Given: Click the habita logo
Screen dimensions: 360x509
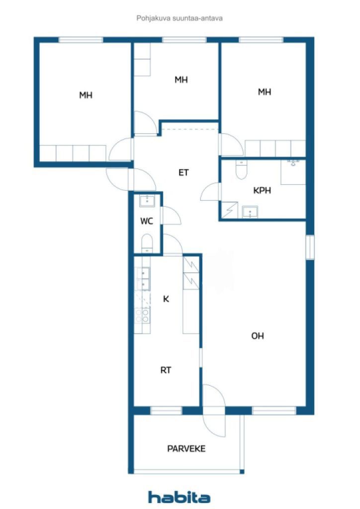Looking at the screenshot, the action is pyautogui.click(x=179, y=497).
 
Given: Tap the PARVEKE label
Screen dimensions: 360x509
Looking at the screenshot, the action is pyautogui.click(x=186, y=449).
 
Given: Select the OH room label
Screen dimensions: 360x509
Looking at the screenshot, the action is pyautogui.click(x=258, y=336).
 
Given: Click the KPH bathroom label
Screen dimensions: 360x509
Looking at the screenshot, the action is pyautogui.click(x=262, y=190).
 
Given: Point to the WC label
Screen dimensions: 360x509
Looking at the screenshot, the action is pyautogui.click(x=146, y=221).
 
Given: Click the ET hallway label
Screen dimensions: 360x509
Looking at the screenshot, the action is pyautogui.click(x=183, y=172).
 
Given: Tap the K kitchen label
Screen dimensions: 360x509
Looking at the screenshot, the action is pyautogui.click(x=166, y=299).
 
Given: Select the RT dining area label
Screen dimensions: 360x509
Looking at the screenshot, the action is pyautogui.click(x=166, y=370).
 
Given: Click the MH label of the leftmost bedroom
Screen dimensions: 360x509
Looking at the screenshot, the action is pyautogui.click(x=86, y=95).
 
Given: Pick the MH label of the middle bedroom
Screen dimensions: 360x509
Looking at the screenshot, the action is pyautogui.click(x=181, y=80).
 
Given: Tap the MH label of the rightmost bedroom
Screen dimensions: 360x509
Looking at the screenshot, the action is pyautogui.click(x=265, y=92).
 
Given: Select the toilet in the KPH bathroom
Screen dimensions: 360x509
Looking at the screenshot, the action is pyautogui.click(x=241, y=170).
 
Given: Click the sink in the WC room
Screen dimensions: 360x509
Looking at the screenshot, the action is pyautogui.click(x=147, y=201).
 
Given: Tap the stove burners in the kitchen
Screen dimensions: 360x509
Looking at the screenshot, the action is pyautogui.click(x=143, y=316).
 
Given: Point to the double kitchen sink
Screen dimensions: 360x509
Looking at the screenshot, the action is pyautogui.click(x=143, y=279).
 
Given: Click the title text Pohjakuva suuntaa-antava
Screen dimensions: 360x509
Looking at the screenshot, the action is pyautogui.click(x=180, y=18).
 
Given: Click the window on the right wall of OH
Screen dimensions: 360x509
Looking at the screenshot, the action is pyautogui.click(x=310, y=247).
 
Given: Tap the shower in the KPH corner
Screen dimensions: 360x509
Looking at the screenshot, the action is pyautogui.click(x=229, y=210).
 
